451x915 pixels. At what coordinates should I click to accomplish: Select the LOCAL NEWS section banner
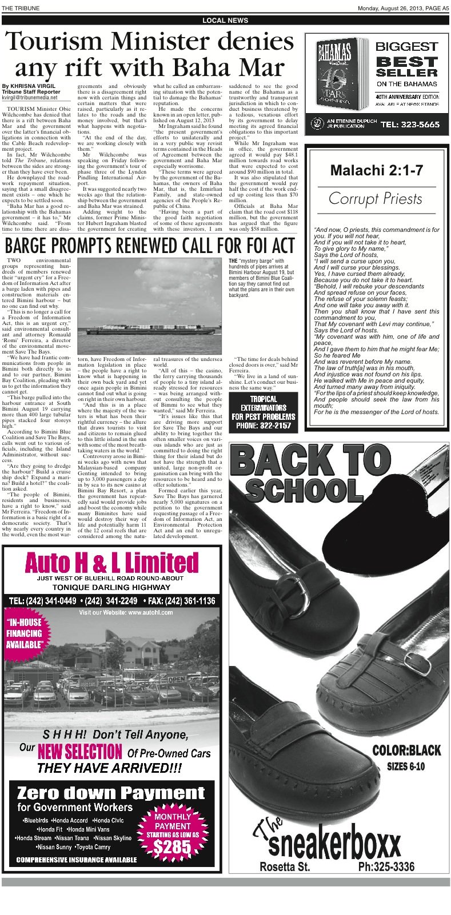(225, 21)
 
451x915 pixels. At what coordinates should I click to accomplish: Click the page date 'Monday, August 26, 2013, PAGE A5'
(403, 7)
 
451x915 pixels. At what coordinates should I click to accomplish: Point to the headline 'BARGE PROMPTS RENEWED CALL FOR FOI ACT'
(150, 246)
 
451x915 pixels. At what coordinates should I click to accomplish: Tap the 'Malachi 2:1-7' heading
(376, 170)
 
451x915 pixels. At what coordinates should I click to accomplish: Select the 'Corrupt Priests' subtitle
(376, 199)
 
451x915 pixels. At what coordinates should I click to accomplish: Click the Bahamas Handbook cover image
(339, 74)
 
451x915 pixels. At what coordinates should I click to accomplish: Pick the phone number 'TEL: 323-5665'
(410, 124)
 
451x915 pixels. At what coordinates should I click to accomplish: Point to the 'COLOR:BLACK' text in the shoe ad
(406, 750)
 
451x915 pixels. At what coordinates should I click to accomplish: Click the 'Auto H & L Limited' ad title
(112, 563)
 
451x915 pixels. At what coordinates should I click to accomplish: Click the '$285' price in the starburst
(172, 848)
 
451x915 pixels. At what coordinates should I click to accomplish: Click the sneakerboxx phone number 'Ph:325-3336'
(386, 866)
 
